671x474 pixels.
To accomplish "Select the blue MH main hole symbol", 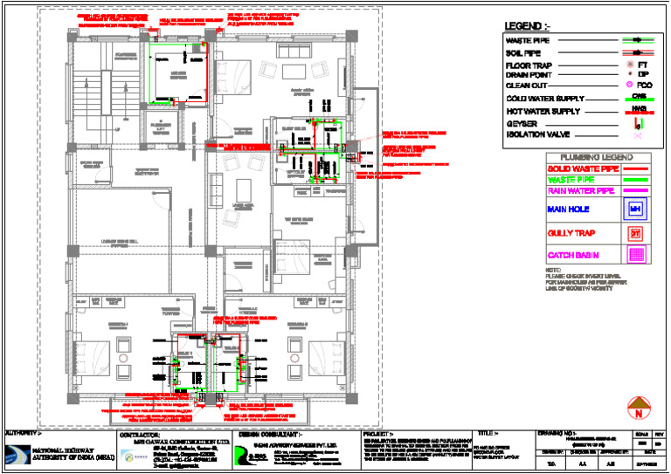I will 636,210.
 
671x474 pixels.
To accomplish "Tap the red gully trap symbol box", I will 636,233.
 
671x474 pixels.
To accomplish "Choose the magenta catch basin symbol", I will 636,256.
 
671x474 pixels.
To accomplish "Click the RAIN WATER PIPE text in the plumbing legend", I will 578,190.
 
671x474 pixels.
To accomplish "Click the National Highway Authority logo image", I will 29,457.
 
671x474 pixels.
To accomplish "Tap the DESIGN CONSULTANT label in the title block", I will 271,433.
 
